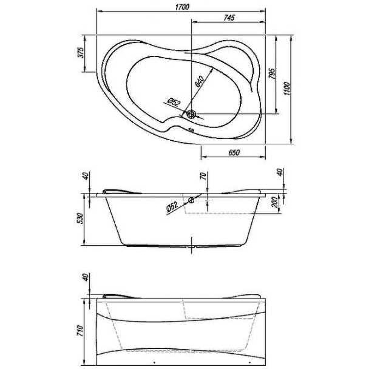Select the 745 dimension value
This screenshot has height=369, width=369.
[x=229, y=18]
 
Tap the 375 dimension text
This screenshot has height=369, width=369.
[x=80, y=53]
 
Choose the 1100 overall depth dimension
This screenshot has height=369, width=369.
[x=287, y=89]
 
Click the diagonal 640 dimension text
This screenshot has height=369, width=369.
[x=199, y=81]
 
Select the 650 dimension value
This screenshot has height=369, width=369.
[x=233, y=153]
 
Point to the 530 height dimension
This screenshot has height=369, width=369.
[x=80, y=219]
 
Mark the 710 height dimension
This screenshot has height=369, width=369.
[x=80, y=330]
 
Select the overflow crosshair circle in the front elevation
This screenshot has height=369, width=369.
[x=191, y=200]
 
